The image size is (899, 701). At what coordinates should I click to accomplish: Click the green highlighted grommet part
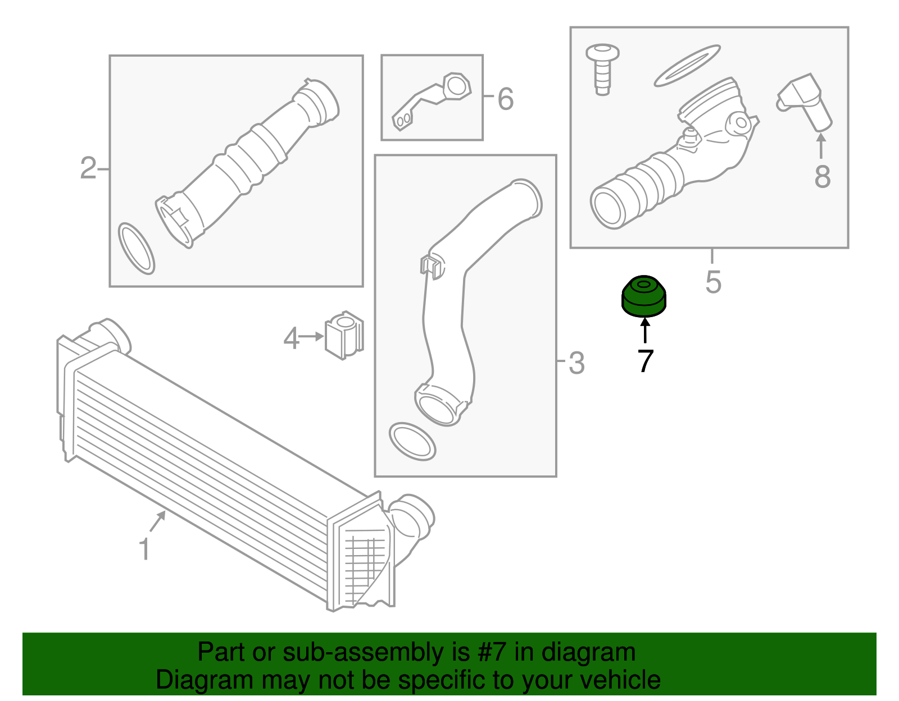pos(643,296)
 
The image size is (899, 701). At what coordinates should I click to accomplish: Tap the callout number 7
pos(646,361)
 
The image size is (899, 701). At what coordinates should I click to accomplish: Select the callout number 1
pos(144,549)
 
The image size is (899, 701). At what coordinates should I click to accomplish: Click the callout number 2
pos(88,168)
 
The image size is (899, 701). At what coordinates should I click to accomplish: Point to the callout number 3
pos(576,363)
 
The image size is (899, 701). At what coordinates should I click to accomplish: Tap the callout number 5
pos(713,282)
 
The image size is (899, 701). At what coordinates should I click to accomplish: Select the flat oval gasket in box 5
pos(687,66)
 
